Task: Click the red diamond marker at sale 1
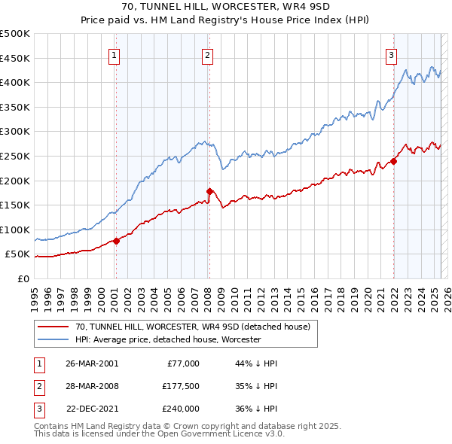pos(117,241)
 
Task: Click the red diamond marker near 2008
pos(209,191)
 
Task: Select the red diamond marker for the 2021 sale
pos(393,161)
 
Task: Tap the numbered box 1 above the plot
pos(114,54)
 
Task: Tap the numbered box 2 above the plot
pos(206,54)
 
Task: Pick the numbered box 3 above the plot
pos(392,54)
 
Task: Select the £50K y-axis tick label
pos(18,254)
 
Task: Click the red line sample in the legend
pos(53,326)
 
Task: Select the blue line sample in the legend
pos(53,339)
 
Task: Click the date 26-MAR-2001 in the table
pos(92,363)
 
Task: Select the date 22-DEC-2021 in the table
pos(92,409)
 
